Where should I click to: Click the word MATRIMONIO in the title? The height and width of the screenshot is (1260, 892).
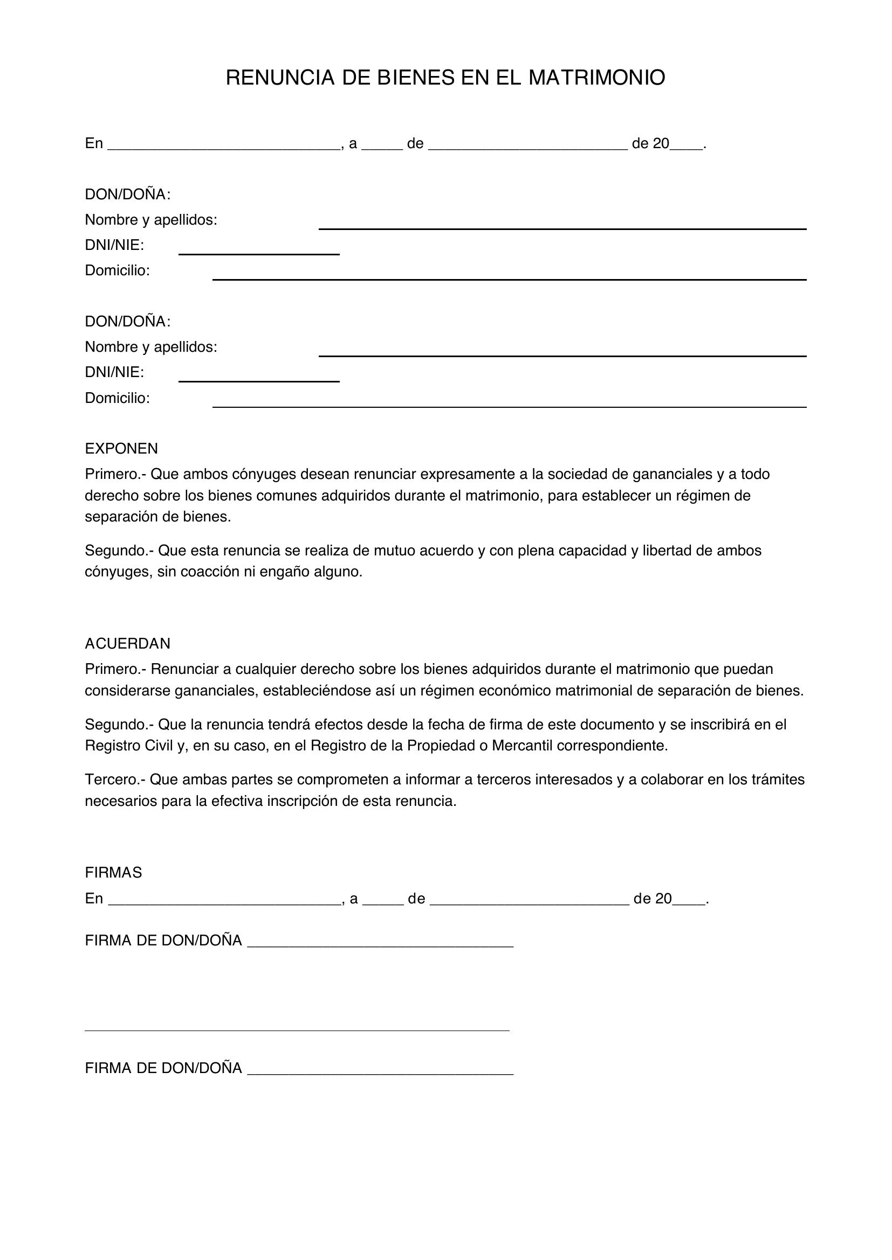pos(596,78)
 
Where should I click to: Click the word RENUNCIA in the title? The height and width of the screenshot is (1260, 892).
pos(280,78)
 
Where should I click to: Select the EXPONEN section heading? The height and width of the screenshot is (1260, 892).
pos(121,448)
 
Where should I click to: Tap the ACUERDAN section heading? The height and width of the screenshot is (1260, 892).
pos(127,643)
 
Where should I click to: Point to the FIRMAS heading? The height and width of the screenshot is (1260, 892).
pos(113,873)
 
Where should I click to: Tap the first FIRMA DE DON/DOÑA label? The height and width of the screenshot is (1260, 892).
pos(163,941)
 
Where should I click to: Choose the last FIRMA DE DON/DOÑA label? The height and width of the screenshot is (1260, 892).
pos(163,1068)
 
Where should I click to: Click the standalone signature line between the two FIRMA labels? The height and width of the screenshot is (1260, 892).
pos(297,1030)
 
